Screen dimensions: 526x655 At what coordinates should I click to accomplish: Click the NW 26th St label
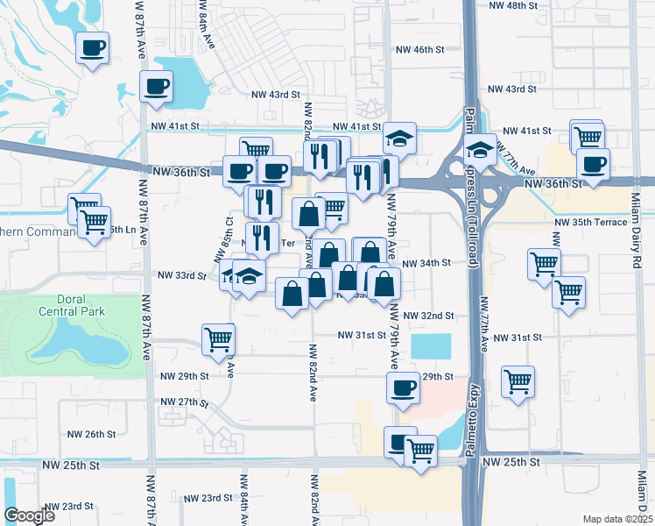tap(91, 434)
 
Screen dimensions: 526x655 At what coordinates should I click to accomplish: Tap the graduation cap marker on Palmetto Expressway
tap(480, 150)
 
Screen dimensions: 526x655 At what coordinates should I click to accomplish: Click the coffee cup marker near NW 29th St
tap(403, 387)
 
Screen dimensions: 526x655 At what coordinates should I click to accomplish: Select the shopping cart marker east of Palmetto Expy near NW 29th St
tap(518, 381)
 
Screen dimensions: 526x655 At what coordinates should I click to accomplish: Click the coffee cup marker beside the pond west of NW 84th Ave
tap(158, 87)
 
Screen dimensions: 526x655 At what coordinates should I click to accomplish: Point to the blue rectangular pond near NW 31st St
tap(430, 345)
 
